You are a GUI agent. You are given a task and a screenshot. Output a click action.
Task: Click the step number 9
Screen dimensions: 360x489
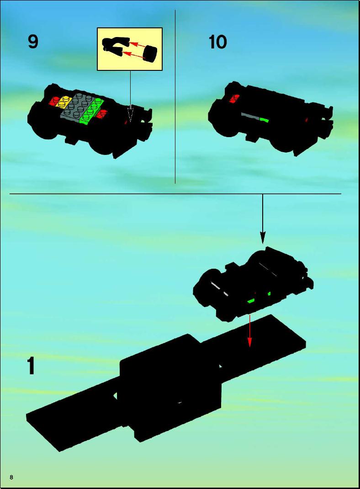(x=33, y=42)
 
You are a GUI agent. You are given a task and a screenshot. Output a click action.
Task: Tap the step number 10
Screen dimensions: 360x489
(x=217, y=42)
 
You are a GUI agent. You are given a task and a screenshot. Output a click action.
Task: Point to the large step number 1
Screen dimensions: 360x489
(x=31, y=366)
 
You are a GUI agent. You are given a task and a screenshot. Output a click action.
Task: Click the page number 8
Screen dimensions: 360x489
(x=11, y=477)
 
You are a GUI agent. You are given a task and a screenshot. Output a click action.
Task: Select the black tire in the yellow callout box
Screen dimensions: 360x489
(x=150, y=54)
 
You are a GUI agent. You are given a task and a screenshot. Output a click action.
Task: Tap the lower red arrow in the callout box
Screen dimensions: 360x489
(x=133, y=55)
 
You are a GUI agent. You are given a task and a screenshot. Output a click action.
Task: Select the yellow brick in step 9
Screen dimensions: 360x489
(x=64, y=101)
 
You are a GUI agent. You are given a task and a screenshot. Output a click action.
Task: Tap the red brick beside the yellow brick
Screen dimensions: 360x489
(x=55, y=101)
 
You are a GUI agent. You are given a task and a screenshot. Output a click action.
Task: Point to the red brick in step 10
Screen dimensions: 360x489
(x=234, y=98)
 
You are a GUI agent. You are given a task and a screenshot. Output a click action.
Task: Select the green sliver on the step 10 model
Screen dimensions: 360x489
(x=264, y=119)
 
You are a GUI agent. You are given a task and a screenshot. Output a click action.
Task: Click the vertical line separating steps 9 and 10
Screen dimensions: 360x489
(x=175, y=97)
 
